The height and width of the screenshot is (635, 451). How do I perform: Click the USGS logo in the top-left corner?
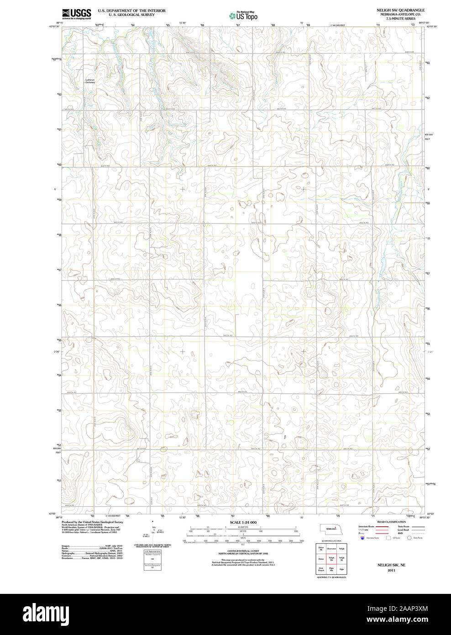click(x=77, y=14)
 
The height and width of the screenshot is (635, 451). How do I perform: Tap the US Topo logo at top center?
click(x=244, y=16)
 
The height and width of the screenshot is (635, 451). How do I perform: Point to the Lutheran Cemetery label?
click(x=90, y=81)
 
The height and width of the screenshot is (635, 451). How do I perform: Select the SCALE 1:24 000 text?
click(x=243, y=522)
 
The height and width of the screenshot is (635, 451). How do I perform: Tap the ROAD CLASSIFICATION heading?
click(x=391, y=522)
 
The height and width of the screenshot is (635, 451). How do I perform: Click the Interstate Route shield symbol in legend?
click(x=362, y=538)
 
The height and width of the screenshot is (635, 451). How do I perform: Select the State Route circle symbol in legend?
click(x=409, y=538)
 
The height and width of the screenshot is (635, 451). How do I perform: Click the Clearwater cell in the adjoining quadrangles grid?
click(x=331, y=549)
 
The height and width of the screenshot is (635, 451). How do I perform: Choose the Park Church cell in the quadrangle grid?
click(x=321, y=570)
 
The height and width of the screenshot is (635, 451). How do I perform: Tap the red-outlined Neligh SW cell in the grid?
click(x=331, y=559)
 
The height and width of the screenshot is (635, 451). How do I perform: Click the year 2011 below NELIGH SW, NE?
click(x=391, y=571)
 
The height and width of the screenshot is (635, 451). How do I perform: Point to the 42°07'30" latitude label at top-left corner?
click(x=54, y=26)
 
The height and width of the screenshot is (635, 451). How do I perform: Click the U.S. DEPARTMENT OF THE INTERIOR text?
click(x=131, y=11)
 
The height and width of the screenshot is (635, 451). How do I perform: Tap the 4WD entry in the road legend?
click(x=400, y=533)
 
